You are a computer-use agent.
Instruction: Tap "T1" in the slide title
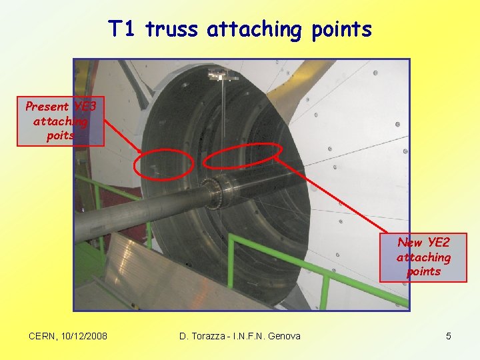tap(123, 29)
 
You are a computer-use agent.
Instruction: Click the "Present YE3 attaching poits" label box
tap(61, 121)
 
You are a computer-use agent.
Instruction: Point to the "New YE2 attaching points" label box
tap(423, 257)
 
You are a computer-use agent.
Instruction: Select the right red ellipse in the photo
tap(241, 157)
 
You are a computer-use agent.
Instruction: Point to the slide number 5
tap(449, 336)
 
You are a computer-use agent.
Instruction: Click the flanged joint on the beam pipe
tap(217, 192)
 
